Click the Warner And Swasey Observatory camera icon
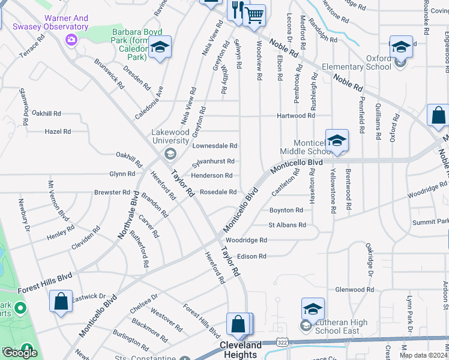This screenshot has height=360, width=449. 71,40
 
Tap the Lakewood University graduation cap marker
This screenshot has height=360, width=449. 170,154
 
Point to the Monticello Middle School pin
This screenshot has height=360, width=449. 337,142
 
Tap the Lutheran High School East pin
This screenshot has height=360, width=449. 313,310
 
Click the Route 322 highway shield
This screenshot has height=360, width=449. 281,342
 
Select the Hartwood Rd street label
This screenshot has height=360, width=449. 296,116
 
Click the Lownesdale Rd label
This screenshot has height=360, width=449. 214,146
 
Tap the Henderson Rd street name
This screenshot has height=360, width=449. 211,176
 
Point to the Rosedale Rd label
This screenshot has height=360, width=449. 218,192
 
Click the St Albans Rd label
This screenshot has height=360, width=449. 287,225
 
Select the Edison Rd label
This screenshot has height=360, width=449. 252,256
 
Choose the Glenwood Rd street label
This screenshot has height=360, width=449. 354,289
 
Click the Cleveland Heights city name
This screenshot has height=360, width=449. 241,350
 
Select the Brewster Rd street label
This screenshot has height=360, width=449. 112,193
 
